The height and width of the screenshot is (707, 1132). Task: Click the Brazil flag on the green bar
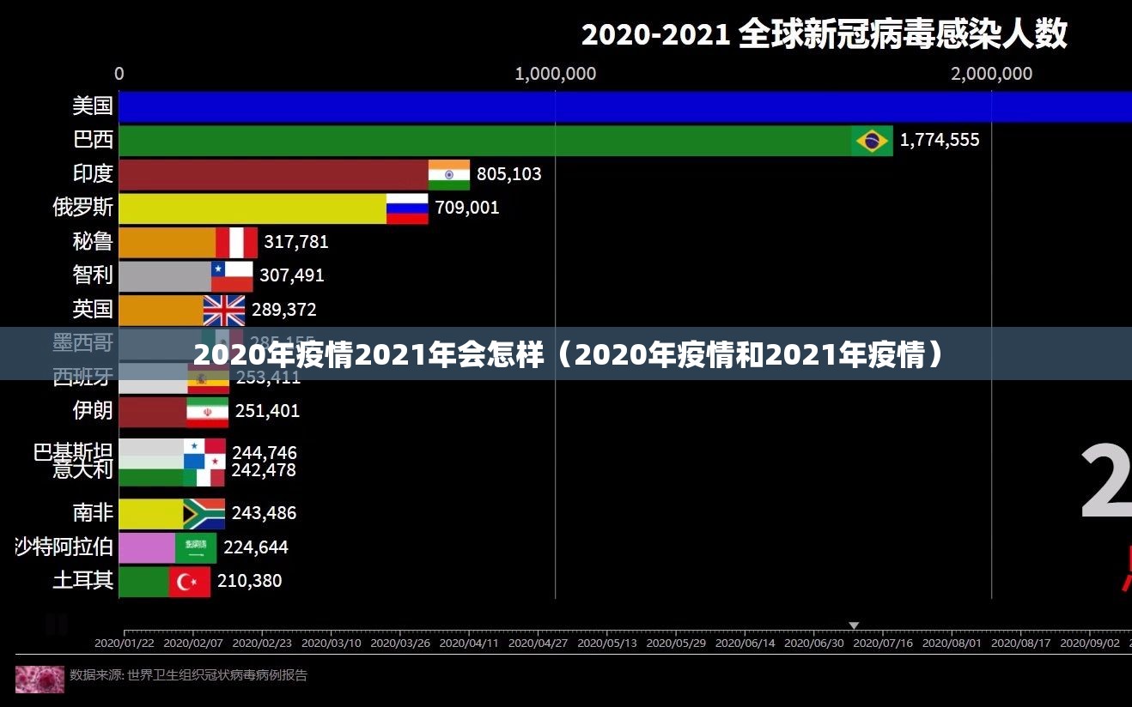pos(872,141)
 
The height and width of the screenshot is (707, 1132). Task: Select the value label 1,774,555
pos(939,140)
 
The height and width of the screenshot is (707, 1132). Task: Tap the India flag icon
pos(449,174)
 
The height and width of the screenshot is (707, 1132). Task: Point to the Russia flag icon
pos(407,208)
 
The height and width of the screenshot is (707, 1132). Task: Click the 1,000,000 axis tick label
pos(555,74)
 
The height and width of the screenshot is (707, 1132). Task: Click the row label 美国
pos(93,106)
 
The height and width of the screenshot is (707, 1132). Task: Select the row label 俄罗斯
pos(82,208)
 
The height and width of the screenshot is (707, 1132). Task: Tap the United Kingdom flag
pos(224,310)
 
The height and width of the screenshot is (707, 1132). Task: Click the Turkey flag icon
pos(190,582)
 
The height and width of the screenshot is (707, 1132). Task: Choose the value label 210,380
pos(249,581)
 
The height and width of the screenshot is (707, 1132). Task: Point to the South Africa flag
pos(204,514)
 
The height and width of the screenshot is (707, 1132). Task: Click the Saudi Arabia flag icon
pos(196,547)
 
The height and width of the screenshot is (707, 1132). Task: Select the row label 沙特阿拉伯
pos(64,547)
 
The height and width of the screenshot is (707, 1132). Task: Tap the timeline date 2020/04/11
pos(468,642)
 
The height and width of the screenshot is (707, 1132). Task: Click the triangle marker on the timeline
pos(854,625)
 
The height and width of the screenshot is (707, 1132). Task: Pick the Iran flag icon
pos(208,412)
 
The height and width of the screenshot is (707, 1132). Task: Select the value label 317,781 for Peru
pos(295,242)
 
